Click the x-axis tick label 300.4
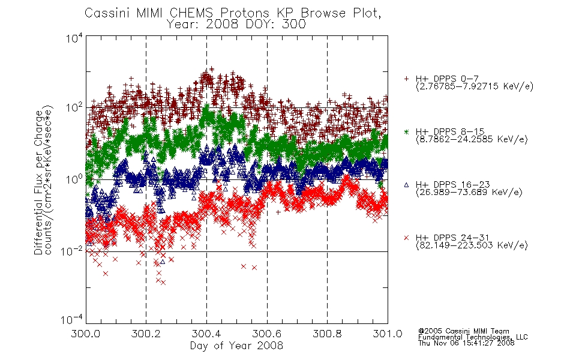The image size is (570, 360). click(x=206, y=334)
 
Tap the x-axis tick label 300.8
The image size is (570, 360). click(x=327, y=334)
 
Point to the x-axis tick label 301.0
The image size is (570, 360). click(x=388, y=334)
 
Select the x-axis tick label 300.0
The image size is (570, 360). click(x=86, y=334)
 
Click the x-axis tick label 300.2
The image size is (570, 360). click(x=146, y=334)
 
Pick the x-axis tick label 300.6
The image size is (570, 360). click(x=267, y=334)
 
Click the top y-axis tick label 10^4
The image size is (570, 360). click(x=74, y=38)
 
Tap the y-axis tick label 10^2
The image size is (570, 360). click(x=74, y=107)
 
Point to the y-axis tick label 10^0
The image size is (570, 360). click(x=74, y=179)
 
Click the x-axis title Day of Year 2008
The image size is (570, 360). click(x=236, y=346)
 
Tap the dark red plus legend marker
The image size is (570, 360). click(x=406, y=79)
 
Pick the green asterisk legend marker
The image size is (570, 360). click(x=406, y=131)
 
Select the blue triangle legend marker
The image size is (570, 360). click(x=406, y=185)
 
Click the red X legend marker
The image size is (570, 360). click(x=406, y=238)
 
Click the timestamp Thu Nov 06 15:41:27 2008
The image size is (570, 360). click(x=466, y=343)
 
